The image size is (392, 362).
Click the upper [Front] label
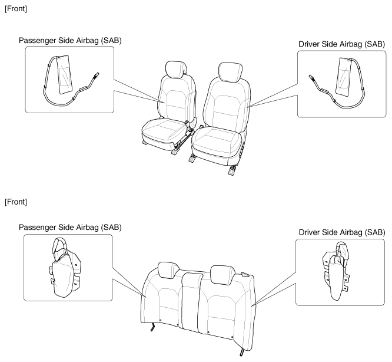pos(16,9)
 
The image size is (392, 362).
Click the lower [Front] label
pos(16,202)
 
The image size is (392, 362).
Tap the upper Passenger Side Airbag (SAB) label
pos(70,41)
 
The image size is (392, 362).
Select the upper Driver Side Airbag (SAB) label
pos(341,44)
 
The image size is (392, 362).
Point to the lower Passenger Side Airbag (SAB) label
pos(70,228)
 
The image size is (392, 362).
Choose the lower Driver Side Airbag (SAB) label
pos(342,232)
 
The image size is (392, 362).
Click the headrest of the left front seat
pos(176,68)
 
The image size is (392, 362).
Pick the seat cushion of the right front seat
pos(217,141)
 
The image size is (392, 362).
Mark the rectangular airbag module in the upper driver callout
pos(344,77)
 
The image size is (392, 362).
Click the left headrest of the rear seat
pos(168,270)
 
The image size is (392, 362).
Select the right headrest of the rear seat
pos(222,274)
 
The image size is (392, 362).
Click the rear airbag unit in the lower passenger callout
pos(65,268)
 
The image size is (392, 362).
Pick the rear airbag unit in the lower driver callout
pos(336,271)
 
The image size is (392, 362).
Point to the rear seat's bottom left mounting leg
pos(152,327)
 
